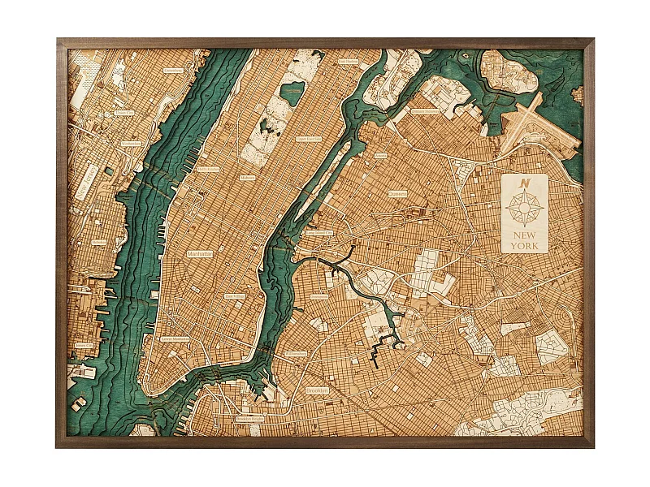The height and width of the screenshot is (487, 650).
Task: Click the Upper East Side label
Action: coord(308,139)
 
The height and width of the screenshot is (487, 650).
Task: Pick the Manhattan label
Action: coord(199,253)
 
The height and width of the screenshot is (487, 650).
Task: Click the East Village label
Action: coord(234,296)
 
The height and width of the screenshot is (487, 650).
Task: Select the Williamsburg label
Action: coord(296,354)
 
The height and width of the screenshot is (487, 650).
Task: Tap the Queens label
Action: coord(397,195)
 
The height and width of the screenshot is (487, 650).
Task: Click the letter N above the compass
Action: coord(528,183)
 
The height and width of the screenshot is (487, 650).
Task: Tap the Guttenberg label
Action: coord(173,71)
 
